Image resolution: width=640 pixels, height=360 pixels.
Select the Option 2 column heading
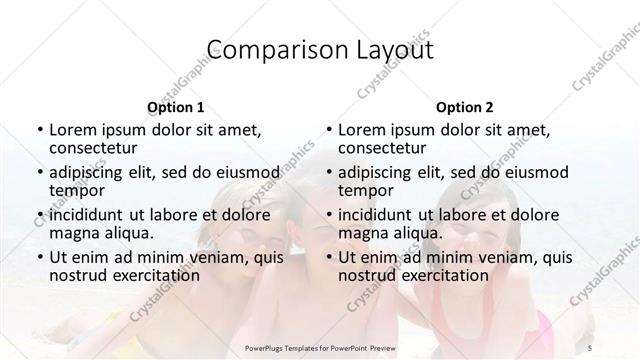point(465,107)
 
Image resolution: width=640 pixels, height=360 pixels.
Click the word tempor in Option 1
point(76,190)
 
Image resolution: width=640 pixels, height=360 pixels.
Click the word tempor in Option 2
point(365,190)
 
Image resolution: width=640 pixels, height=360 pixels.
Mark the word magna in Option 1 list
point(72,233)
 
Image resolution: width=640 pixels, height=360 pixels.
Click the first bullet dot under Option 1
point(38,130)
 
